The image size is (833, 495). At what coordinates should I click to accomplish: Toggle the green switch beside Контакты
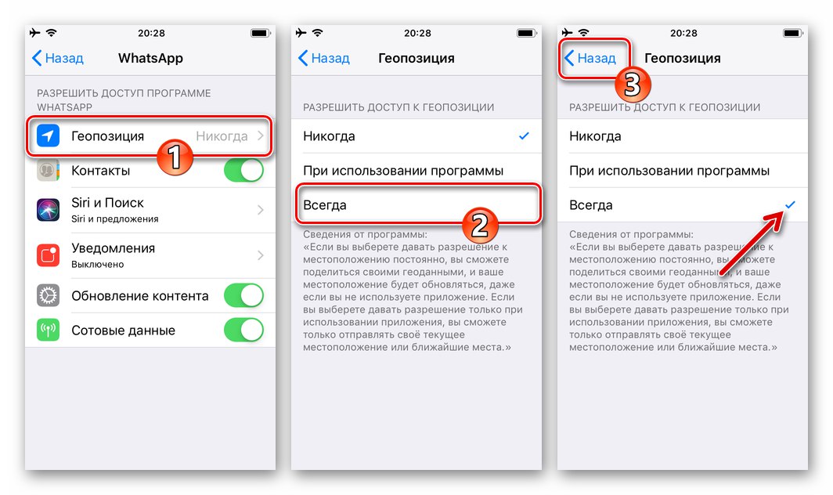(x=243, y=170)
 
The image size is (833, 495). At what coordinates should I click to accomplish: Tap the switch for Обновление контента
(x=243, y=295)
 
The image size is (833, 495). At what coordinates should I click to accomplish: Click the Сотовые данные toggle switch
(x=243, y=330)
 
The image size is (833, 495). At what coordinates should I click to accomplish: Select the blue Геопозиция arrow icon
(x=48, y=136)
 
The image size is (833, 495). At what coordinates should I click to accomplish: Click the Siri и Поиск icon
(x=48, y=209)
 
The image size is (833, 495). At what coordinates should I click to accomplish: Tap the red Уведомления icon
(x=48, y=255)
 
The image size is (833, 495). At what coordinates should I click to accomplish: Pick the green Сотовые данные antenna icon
(x=48, y=330)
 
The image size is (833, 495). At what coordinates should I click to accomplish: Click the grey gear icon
(x=48, y=295)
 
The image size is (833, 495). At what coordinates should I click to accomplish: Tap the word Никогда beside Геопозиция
(x=222, y=136)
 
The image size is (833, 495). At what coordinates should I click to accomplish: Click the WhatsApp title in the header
(x=150, y=58)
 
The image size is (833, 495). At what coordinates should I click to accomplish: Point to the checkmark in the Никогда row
(x=524, y=136)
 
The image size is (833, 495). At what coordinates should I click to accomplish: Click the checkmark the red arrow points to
(x=790, y=204)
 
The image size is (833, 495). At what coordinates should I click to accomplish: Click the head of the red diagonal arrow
(x=783, y=214)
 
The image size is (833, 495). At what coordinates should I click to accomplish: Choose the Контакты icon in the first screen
(x=48, y=170)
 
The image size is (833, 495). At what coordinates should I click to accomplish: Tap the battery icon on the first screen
(x=259, y=33)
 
